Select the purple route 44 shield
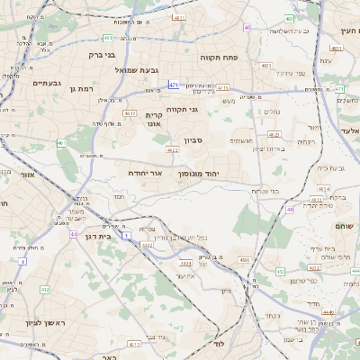[73, 234]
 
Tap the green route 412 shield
[45, 290]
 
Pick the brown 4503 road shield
[245, 260]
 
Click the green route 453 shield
[280, 271]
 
